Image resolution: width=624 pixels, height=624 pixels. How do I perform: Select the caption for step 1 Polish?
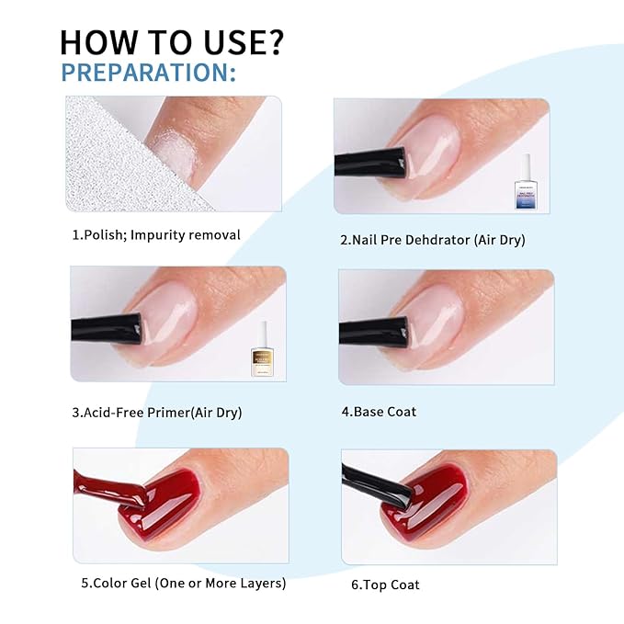pyautogui.click(x=156, y=235)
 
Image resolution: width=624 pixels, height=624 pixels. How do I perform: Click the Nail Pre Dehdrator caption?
pyautogui.click(x=432, y=241)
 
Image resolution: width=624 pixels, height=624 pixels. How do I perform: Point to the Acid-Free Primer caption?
pyautogui.click(x=156, y=413)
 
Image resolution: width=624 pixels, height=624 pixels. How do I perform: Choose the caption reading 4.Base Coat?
pyautogui.click(x=379, y=412)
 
